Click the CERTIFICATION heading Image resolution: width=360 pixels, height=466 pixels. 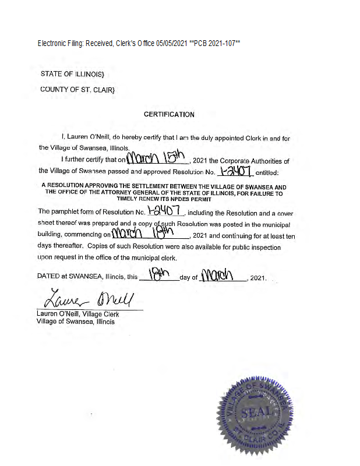coord(169,114)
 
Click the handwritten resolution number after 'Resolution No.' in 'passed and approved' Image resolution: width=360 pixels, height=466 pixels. coord(233,171)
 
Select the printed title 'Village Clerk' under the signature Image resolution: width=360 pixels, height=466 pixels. coord(100,315)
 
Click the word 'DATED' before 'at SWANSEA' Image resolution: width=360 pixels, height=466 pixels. coord(49,278)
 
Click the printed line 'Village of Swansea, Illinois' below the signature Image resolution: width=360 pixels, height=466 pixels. coord(76,321)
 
